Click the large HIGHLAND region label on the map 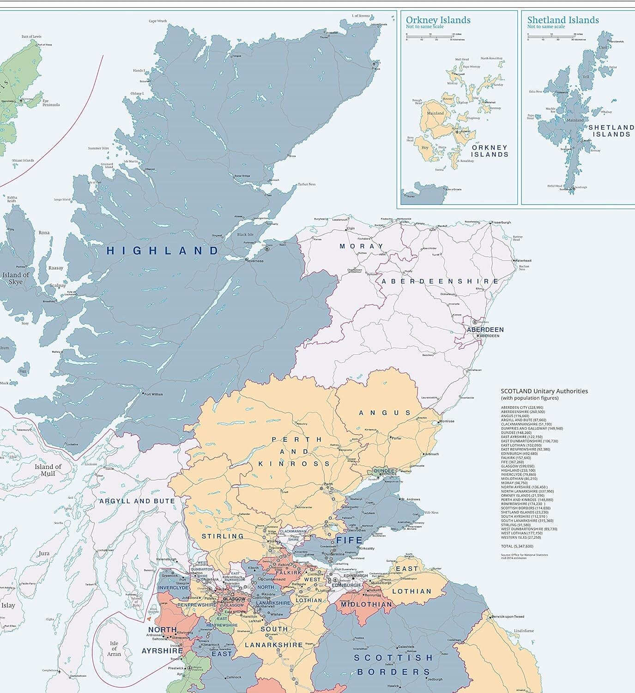(x=163, y=251)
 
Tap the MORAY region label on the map (x=361, y=246)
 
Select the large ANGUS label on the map (x=385, y=413)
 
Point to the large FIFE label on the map (x=349, y=540)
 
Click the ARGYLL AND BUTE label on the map (x=137, y=501)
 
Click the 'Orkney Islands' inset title (x=438, y=20)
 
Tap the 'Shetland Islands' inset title (x=562, y=20)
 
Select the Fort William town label (x=153, y=394)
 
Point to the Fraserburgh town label (x=501, y=222)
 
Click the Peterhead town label (x=523, y=261)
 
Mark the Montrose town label (x=447, y=421)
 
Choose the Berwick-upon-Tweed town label (x=508, y=617)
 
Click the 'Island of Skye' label (x=16, y=278)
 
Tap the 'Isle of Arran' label (x=114, y=648)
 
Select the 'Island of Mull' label (x=48, y=470)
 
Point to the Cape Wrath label (x=158, y=21)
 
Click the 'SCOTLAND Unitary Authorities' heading (x=544, y=391)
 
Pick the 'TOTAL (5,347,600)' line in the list (x=517, y=546)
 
